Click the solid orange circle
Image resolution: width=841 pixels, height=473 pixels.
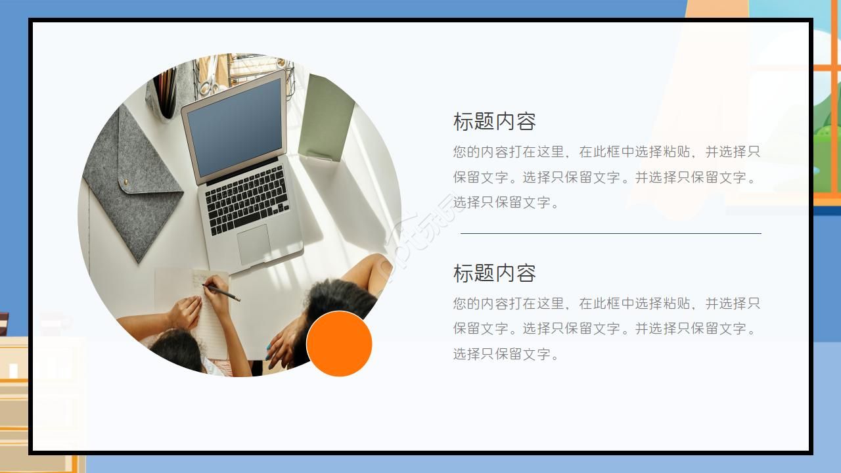[339, 344]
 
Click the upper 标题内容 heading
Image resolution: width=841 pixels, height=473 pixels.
[494, 122]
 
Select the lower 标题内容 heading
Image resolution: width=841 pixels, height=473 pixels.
[494, 273]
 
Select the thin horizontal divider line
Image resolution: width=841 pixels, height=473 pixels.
[610, 233]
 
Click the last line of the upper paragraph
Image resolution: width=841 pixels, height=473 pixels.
[506, 202]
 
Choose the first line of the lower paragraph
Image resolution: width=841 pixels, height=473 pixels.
[606, 304]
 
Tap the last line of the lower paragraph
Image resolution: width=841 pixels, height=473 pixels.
[506, 354]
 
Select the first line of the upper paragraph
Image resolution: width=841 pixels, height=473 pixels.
[606, 152]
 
